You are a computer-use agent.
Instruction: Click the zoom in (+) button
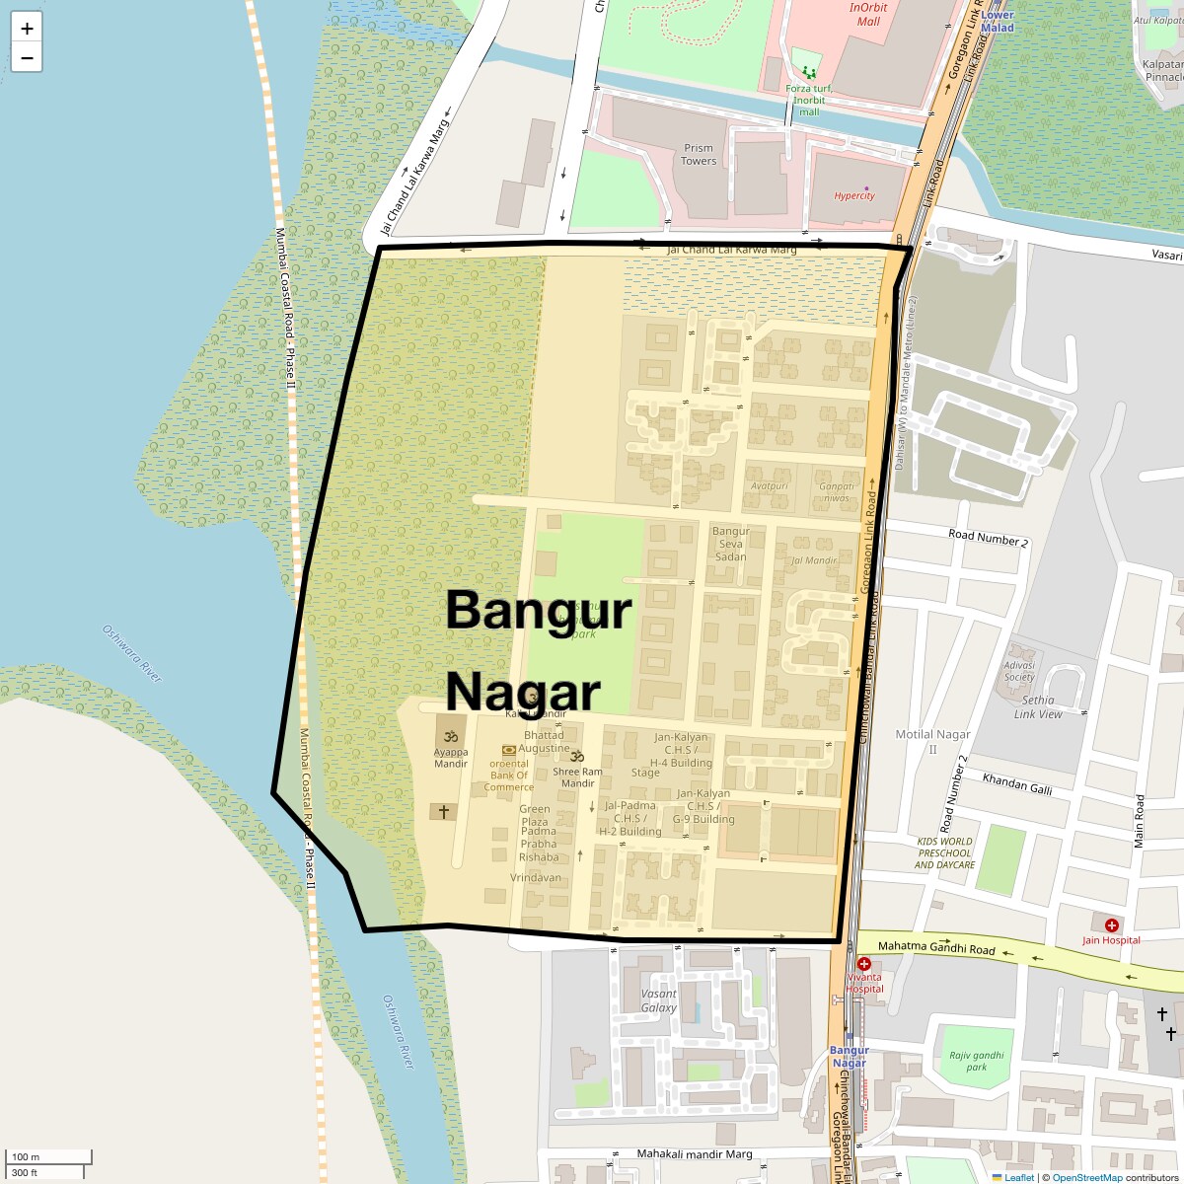(x=27, y=28)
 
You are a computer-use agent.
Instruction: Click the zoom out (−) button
(x=27, y=58)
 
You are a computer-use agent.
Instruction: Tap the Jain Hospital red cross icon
(x=1112, y=925)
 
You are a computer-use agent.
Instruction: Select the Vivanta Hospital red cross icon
(x=864, y=964)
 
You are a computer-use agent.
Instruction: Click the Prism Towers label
(x=699, y=155)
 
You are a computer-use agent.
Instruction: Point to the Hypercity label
(x=854, y=195)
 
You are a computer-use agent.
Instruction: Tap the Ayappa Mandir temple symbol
(x=451, y=736)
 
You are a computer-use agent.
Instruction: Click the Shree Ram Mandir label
(x=577, y=777)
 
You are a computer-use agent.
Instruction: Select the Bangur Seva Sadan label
(x=731, y=544)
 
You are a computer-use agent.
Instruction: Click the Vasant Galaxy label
(x=659, y=1000)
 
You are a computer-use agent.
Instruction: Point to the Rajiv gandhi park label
(x=976, y=1061)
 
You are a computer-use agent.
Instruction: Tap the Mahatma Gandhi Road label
(x=936, y=947)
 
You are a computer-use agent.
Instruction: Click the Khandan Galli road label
(x=1017, y=784)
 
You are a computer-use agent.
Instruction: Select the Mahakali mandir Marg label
(x=695, y=1153)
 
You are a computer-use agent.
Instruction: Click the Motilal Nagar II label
(x=932, y=741)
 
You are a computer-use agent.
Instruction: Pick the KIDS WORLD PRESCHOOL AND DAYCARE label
(x=944, y=853)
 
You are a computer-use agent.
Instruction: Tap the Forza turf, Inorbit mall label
(x=809, y=100)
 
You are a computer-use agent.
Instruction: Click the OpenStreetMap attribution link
(x=1086, y=1177)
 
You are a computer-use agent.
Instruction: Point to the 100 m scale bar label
(x=26, y=1156)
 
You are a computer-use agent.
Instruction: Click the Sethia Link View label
(x=1038, y=706)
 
